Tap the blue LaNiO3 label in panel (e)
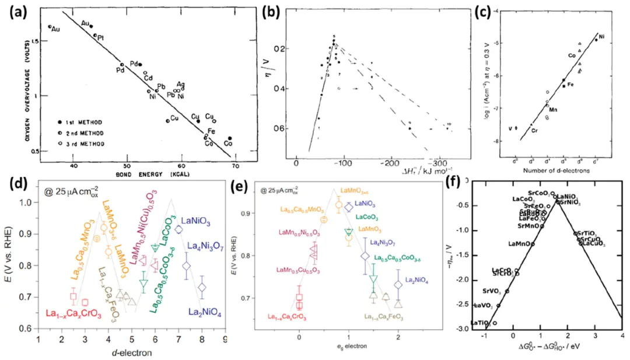pyautogui.click(x=367, y=204)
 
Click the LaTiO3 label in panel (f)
pyautogui.click(x=481, y=323)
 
